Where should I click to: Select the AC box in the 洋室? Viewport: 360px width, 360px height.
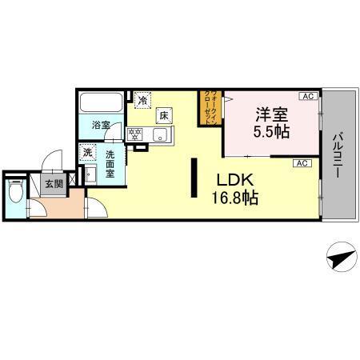click(x=306, y=96)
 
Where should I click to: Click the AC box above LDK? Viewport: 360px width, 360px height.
click(x=302, y=163)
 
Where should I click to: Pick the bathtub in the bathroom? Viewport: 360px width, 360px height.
click(x=101, y=104)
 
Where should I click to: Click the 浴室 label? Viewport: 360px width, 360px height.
click(x=100, y=126)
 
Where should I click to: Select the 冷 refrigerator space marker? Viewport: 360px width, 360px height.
click(x=142, y=101)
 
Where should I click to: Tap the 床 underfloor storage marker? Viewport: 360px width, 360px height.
click(x=163, y=116)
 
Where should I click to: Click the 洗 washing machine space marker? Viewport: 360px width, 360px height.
click(x=86, y=150)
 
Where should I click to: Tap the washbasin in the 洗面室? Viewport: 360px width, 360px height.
click(x=90, y=173)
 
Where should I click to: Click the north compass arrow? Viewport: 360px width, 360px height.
click(x=340, y=258)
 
